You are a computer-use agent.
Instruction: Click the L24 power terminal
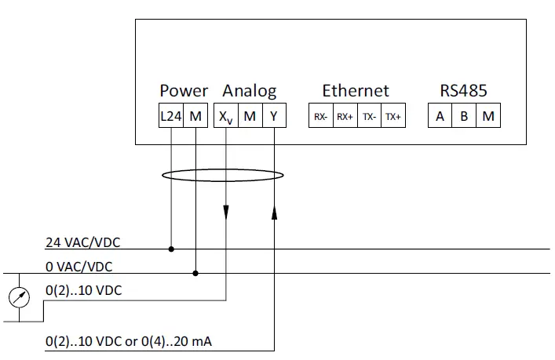point(171,116)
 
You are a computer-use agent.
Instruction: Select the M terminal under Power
point(195,116)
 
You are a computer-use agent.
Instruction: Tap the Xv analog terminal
point(225,117)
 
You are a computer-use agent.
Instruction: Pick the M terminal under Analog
point(250,116)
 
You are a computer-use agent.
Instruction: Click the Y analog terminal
point(274,116)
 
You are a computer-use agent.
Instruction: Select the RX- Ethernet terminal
point(320,117)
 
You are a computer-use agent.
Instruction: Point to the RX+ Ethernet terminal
point(345,117)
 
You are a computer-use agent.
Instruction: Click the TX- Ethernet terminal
point(369,117)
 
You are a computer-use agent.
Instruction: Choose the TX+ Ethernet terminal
point(393,117)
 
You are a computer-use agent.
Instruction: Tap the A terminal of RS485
point(440,116)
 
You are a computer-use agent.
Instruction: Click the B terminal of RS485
point(465,116)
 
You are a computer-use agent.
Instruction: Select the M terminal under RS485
point(489,116)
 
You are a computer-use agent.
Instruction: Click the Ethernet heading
point(356,90)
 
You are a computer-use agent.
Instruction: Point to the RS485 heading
point(463,90)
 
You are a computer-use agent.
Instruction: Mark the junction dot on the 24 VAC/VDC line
point(171,249)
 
